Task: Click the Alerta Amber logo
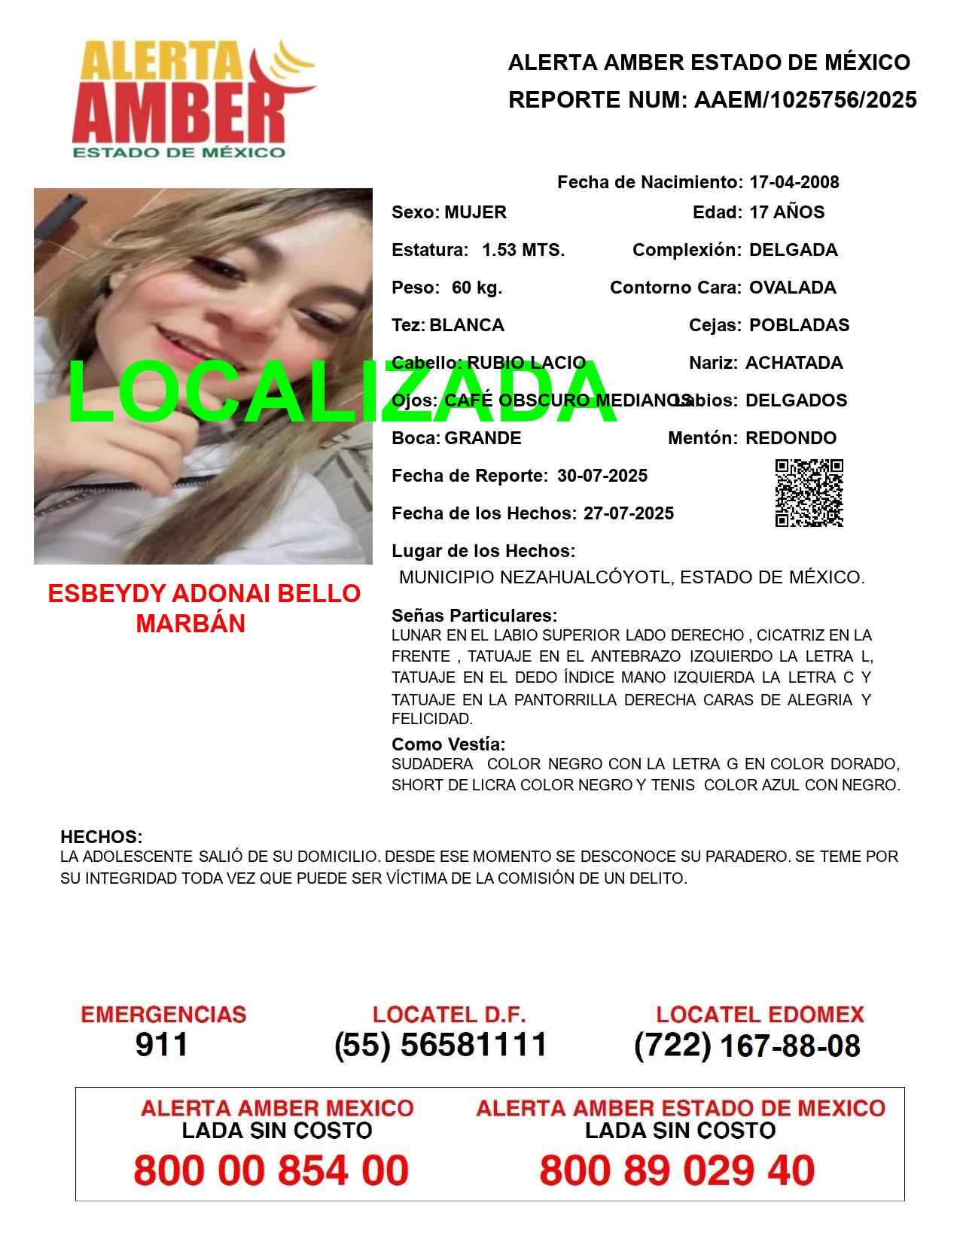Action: pos(194,98)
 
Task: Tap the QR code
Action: pos(809,493)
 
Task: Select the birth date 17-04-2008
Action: pos(794,182)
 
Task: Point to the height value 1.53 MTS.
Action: pos(523,250)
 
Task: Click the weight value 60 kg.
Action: pos(477,288)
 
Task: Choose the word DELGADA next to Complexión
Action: pos(793,250)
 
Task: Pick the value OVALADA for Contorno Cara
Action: pos(792,288)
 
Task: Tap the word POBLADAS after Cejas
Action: pos(799,325)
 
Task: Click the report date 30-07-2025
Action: pos(602,476)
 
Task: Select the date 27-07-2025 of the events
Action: pos(629,513)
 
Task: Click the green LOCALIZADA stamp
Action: pos(343,393)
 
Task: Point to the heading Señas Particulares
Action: pos(474,616)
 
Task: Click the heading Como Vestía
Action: pos(448,744)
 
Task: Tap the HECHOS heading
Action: pos(101,837)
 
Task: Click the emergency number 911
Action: pos(162,1044)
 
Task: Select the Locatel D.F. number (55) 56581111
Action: pos(440,1045)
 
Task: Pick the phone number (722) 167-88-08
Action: pos(747,1046)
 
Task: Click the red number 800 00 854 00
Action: pos(271,1170)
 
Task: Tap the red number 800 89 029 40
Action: pos(677,1170)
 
